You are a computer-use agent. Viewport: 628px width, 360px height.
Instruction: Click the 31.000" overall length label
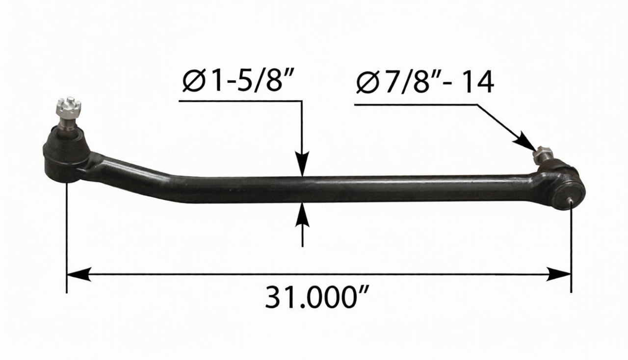point(317,298)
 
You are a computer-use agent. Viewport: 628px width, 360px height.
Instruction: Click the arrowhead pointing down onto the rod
point(302,164)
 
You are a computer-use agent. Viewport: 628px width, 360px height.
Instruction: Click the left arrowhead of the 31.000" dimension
point(78,274)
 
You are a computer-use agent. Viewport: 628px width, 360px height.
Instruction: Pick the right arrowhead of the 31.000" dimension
point(559,274)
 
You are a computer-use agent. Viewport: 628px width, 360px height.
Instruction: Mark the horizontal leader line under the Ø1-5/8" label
point(240,101)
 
